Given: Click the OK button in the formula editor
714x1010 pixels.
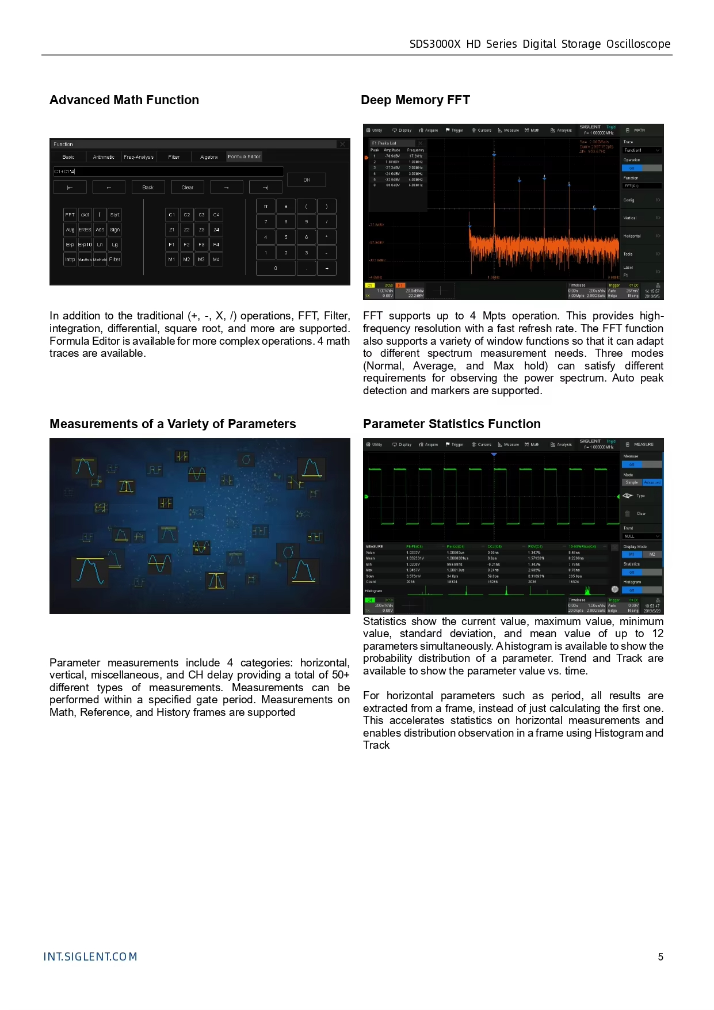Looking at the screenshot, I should click(307, 180).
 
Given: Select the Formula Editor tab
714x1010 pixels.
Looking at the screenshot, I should click(244, 157).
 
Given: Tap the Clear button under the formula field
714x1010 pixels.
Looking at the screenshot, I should click(188, 188).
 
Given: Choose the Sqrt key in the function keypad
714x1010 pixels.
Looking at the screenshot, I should click(115, 215).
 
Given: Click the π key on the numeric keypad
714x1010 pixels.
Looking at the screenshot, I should click(266, 206).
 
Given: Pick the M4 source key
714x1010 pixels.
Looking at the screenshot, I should click(216, 260).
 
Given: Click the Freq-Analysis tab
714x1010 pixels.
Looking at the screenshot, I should click(139, 157).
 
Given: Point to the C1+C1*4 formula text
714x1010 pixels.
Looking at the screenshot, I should click(64, 171).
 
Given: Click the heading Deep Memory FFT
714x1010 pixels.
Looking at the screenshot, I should click(415, 100).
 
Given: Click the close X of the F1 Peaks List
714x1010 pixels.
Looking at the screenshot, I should click(421, 143).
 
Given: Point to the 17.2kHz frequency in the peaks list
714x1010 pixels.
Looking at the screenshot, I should click(415, 156).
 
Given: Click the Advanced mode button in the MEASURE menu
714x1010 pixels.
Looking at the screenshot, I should click(652, 482).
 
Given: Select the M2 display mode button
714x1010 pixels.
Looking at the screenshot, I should click(652, 554).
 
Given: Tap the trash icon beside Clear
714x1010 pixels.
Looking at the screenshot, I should click(627, 513).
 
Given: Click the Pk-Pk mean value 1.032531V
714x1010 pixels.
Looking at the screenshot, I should click(415, 558).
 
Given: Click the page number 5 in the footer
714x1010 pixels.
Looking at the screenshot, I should click(660, 957).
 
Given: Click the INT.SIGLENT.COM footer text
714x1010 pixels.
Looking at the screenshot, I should click(90, 957).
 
